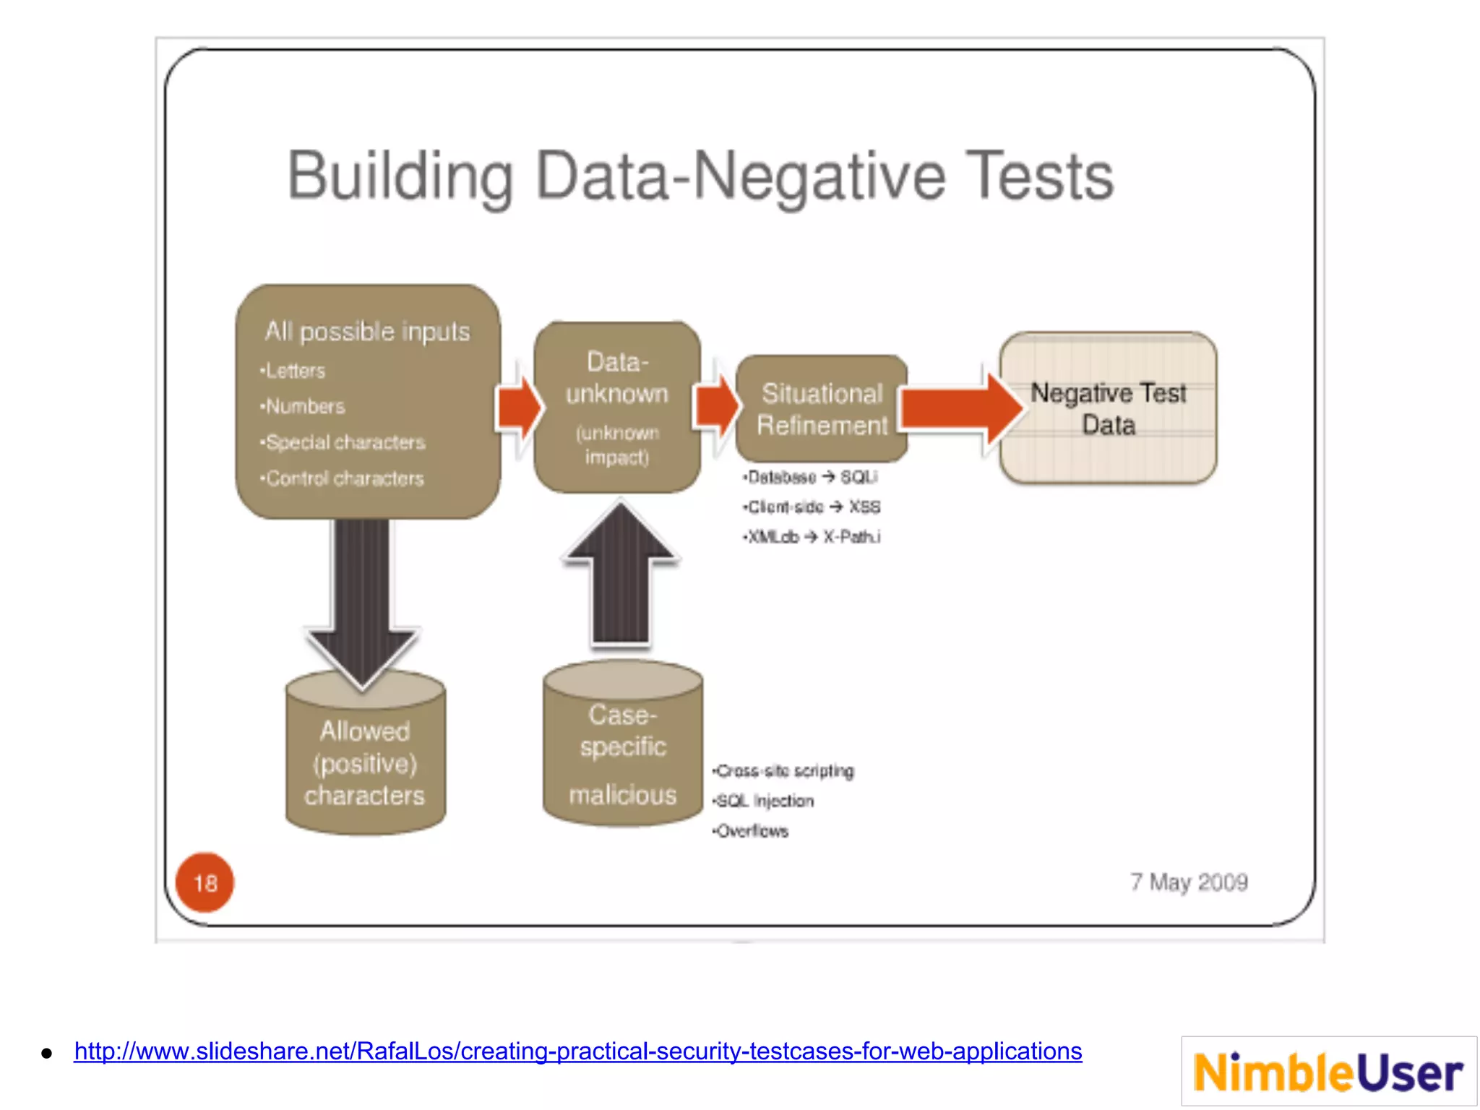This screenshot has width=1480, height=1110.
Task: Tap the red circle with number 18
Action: click(x=205, y=882)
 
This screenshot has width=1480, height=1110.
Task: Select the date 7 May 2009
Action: click(x=1189, y=882)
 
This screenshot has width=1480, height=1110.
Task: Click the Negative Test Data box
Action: click(x=1108, y=408)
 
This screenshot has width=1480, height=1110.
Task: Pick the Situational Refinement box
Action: click(x=822, y=409)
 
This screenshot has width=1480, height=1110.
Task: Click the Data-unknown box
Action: click(x=617, y=408)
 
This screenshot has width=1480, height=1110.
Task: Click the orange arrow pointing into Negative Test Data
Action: click(x=961, y=408)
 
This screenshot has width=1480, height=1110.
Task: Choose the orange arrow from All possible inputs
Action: click(x=519, y=408)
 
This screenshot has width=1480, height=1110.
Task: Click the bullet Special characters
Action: click(x=344, y=442)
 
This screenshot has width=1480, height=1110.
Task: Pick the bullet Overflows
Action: click(x=751, y=831)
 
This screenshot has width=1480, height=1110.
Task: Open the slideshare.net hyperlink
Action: click(x=577, y=1051)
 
